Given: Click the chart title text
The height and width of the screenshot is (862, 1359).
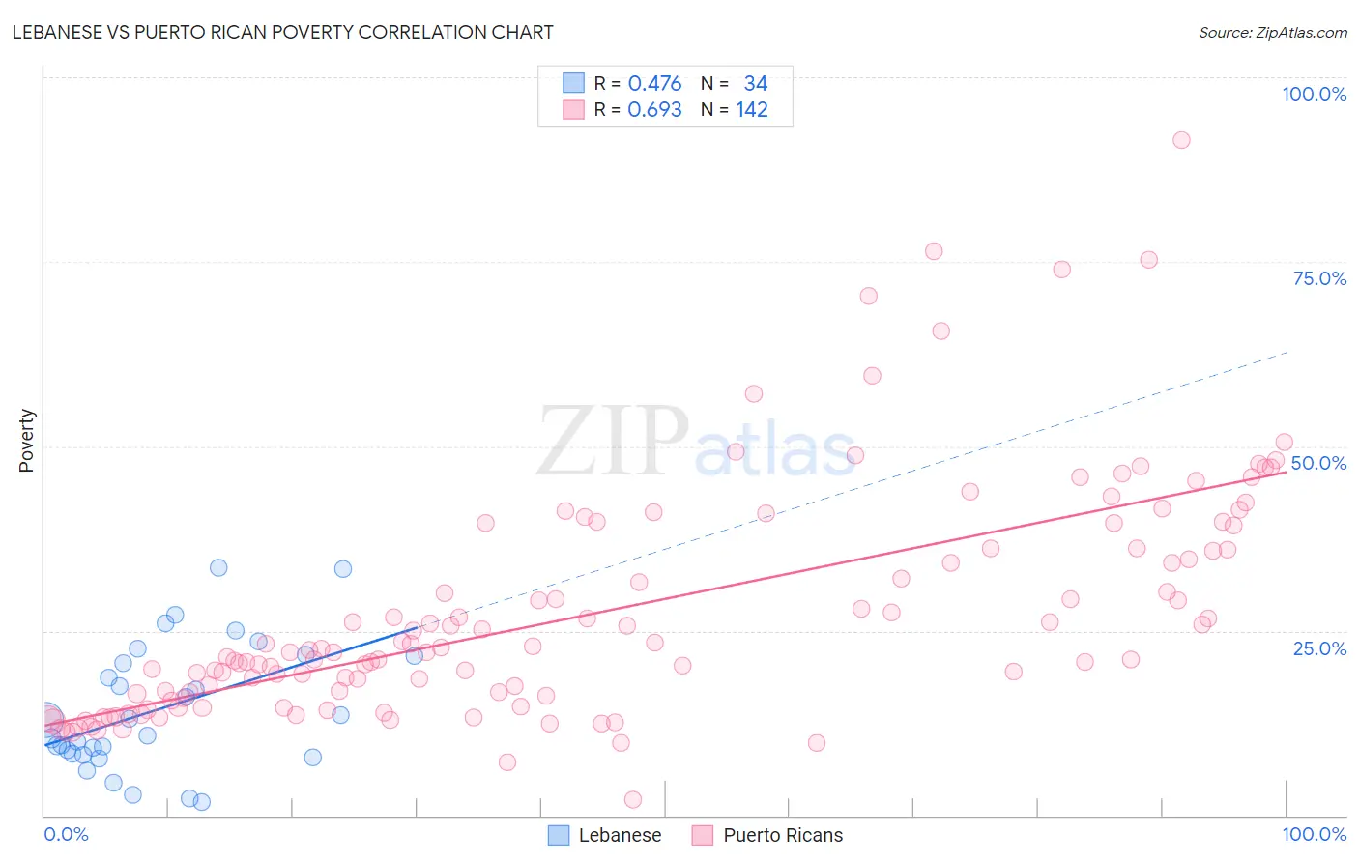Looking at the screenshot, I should click(x=282, y=32).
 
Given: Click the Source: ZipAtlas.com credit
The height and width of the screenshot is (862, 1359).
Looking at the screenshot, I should click(x=1272, y=32).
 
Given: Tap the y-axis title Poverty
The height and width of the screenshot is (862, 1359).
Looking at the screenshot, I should click(x=26, y=441).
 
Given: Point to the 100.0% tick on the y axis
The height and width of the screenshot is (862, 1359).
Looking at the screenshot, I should click(x=1314, y=94).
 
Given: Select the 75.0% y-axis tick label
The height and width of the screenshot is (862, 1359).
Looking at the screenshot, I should click(x=1319, y=278).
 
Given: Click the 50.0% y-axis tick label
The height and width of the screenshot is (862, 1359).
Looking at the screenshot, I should click(x=1318, y=463).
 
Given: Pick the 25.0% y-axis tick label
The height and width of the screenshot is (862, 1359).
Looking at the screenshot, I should click(x=1319, y=648).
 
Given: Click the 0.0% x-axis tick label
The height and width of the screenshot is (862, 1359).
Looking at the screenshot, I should click(x=66, y=834).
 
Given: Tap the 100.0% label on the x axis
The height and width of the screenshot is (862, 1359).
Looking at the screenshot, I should click(x=1314, y=834).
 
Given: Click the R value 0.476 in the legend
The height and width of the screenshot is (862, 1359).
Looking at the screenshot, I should click(x=654, y=84).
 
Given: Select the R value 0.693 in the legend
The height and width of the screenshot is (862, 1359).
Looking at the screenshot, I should click(x=654, y=110).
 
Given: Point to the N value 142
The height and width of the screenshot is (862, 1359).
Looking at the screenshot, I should click(x=751, y=110).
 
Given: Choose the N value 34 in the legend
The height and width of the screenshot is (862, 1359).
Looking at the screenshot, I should click(x=755, y=84).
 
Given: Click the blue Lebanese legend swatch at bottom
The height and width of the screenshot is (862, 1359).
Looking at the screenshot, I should click(x=559, y=835).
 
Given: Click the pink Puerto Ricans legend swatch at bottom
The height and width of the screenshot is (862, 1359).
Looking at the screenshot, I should click(x=703, y=835).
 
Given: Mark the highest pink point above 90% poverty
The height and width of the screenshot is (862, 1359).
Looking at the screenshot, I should click(x=1180, y=140).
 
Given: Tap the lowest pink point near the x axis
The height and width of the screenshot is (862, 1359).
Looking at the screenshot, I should click(x=633, y=799).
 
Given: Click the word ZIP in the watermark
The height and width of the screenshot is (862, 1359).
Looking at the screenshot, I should click(x=612, y=442).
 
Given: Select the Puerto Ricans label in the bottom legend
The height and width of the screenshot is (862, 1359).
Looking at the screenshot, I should click(x=783, y=835).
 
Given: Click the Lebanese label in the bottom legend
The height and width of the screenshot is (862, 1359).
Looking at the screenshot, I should click(x=620, y=835).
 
